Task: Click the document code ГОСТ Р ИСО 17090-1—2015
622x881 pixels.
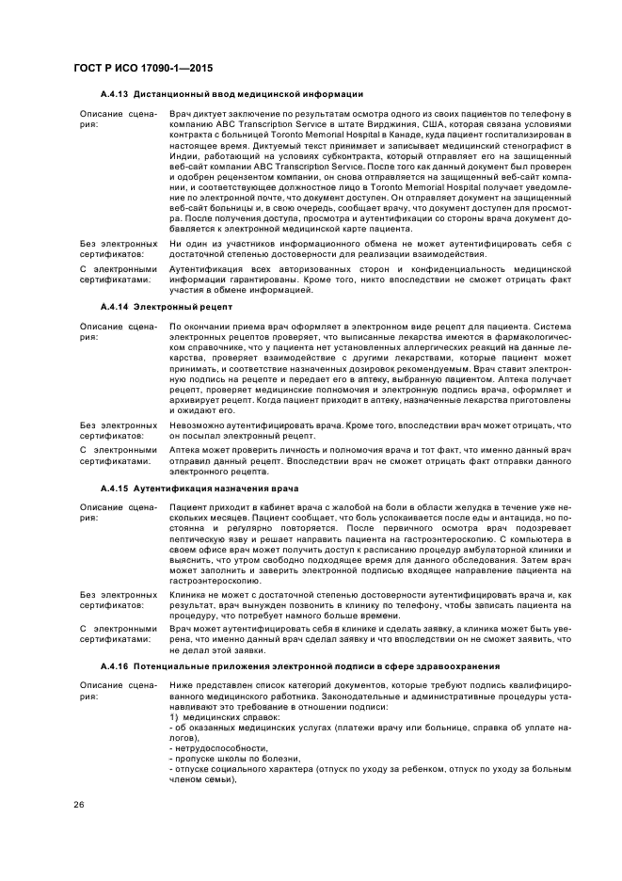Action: coord(137,70)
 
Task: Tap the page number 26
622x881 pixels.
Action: coord(78,805)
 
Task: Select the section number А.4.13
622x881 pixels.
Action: coord(115,95)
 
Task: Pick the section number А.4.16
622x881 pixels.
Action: coord(115,665)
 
